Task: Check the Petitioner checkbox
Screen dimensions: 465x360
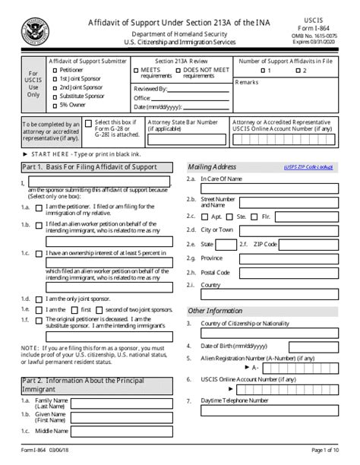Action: [x=53, y=71]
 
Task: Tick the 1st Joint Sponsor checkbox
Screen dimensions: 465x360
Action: [x=53, y=79]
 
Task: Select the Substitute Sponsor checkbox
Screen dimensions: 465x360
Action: [x=53, y=97]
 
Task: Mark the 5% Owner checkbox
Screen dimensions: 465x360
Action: [x=53, y=106]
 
